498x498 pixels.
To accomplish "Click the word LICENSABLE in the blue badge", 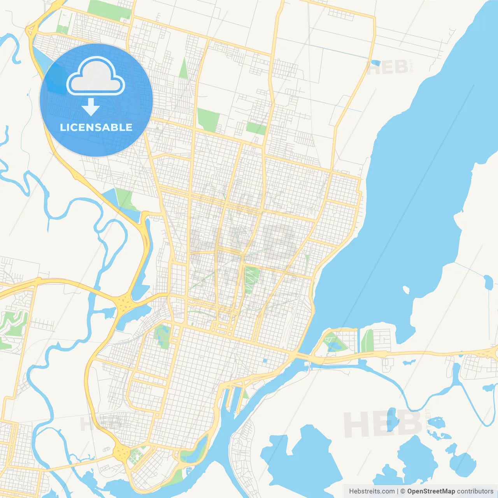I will click(x=96, y=127).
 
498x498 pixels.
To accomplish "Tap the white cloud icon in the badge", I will click(x=96, y=77).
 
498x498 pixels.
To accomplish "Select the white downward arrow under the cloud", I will click(x=91, y=107).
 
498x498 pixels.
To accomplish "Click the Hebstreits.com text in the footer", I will click(x=372, y=491).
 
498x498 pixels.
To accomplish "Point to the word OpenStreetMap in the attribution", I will click(x=431, y=491).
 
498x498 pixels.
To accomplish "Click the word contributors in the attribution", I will click(x=475, y=491).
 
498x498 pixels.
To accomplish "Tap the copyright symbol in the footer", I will click(x=403, y=491).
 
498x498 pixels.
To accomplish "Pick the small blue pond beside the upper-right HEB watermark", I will click(x=375, y=63).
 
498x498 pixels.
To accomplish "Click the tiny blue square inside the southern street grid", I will click(x=265, y=361).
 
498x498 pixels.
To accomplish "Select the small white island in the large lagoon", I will click(x=406, y=290).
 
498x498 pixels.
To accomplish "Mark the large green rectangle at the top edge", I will click(x=109, y=10).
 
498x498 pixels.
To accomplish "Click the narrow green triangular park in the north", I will click(x=184, y=69).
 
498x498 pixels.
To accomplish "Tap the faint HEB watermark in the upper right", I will click(x=387, y=67).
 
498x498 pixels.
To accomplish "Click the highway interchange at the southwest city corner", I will click(x=122, y=452).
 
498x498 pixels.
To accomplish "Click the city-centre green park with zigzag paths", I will click(x=252, y=279).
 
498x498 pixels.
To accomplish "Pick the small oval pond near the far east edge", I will click(x=488, y=282).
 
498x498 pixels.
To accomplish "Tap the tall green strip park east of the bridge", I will click(x=367, y=341).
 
